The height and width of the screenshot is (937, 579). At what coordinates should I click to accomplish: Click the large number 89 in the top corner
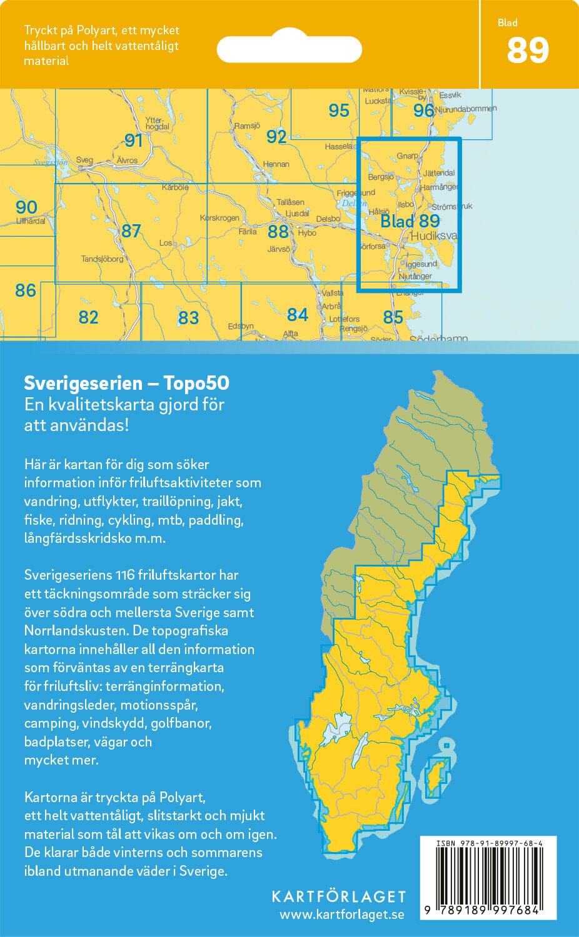pyautogui.click(x=528, y=51)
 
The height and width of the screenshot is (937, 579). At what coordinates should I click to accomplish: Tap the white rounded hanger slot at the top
pyautogui.click(x=289, y=49)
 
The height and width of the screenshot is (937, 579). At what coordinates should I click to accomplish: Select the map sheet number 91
pyautogui.click(x=133, y=141)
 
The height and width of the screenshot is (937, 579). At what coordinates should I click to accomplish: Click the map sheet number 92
pyautogui.click(x=276, y=136)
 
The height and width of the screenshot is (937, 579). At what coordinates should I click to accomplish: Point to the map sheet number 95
pyautogui.click(x=338, y=111)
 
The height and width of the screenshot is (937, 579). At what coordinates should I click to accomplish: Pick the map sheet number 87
pyautogui.click(x=131, y=231)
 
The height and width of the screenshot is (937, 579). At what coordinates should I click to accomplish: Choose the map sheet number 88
pyautogui.click(x=278, y=232)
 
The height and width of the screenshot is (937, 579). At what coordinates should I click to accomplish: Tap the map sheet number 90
pyautogui.click(x=26, y=207)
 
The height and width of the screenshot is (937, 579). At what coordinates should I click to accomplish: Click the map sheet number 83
pyautogui.click(x=188, y=318)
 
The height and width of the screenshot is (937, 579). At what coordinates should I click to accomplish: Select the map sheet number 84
pyautogui.click(x=297, y=314)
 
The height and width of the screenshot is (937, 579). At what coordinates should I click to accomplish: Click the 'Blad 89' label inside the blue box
pyautogui.click(x=410, y=221)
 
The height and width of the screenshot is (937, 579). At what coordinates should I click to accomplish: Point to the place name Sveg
pyautogui.click(x=84, y=161)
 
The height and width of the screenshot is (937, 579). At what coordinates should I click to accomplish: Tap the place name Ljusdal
pyautogui.click(x=297, y=214)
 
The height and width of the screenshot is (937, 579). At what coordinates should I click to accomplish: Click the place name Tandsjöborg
pyautogui.click(x=102, y=259)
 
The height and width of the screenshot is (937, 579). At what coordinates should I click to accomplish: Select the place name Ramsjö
pyautogui.click(x=247, y=126)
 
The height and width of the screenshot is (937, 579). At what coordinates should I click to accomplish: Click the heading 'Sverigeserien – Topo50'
pyautogui.click(x=126, y=383)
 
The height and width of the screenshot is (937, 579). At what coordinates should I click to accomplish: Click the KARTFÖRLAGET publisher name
pyautogui.click(x=338, y=896)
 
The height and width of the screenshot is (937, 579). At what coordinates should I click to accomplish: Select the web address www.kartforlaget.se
pyautogui.click(x=341, y=915)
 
